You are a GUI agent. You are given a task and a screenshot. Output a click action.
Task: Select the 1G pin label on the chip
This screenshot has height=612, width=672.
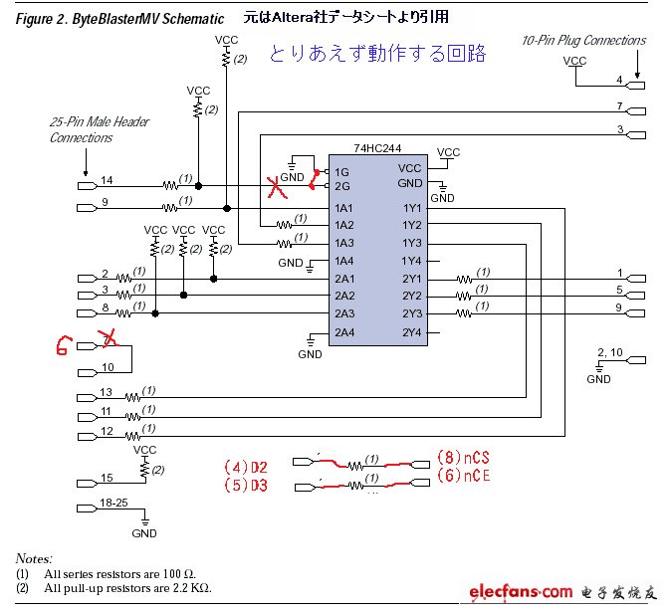pyautogui.click(x=342, y=171)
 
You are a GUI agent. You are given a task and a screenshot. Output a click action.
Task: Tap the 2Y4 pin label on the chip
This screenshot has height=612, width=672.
pyautogui.click(x=412, y=331)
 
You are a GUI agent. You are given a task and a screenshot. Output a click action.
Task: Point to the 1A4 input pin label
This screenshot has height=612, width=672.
pyautogui.click(x=344, y=261)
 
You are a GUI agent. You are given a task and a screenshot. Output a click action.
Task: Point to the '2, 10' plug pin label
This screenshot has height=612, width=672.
pyautogui.click(x=608, y=353)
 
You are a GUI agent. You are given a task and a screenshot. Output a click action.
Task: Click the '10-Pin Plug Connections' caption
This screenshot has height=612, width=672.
pyautogui.click(x=583, y=40)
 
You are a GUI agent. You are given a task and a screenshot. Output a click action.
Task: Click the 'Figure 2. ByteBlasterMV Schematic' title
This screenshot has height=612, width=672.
pyautogui.click(x=118, y=19)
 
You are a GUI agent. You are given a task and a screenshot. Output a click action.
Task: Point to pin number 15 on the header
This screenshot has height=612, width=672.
pyautogui.click(x=108, y=478)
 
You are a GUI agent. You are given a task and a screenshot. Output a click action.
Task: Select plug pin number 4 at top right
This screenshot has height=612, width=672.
pyautogui.click(x=618, y=79)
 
